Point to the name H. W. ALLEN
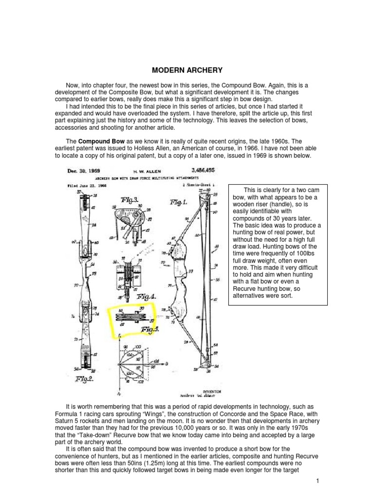coord(145,172)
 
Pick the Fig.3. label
coord(128,199)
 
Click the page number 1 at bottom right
coord(317,481)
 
